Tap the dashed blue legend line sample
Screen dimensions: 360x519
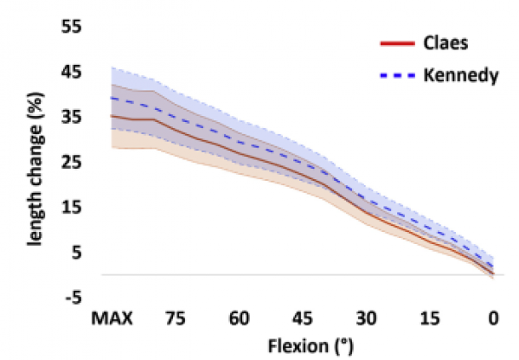tap(395, 76)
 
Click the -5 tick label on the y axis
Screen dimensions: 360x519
tap(74, 298)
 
